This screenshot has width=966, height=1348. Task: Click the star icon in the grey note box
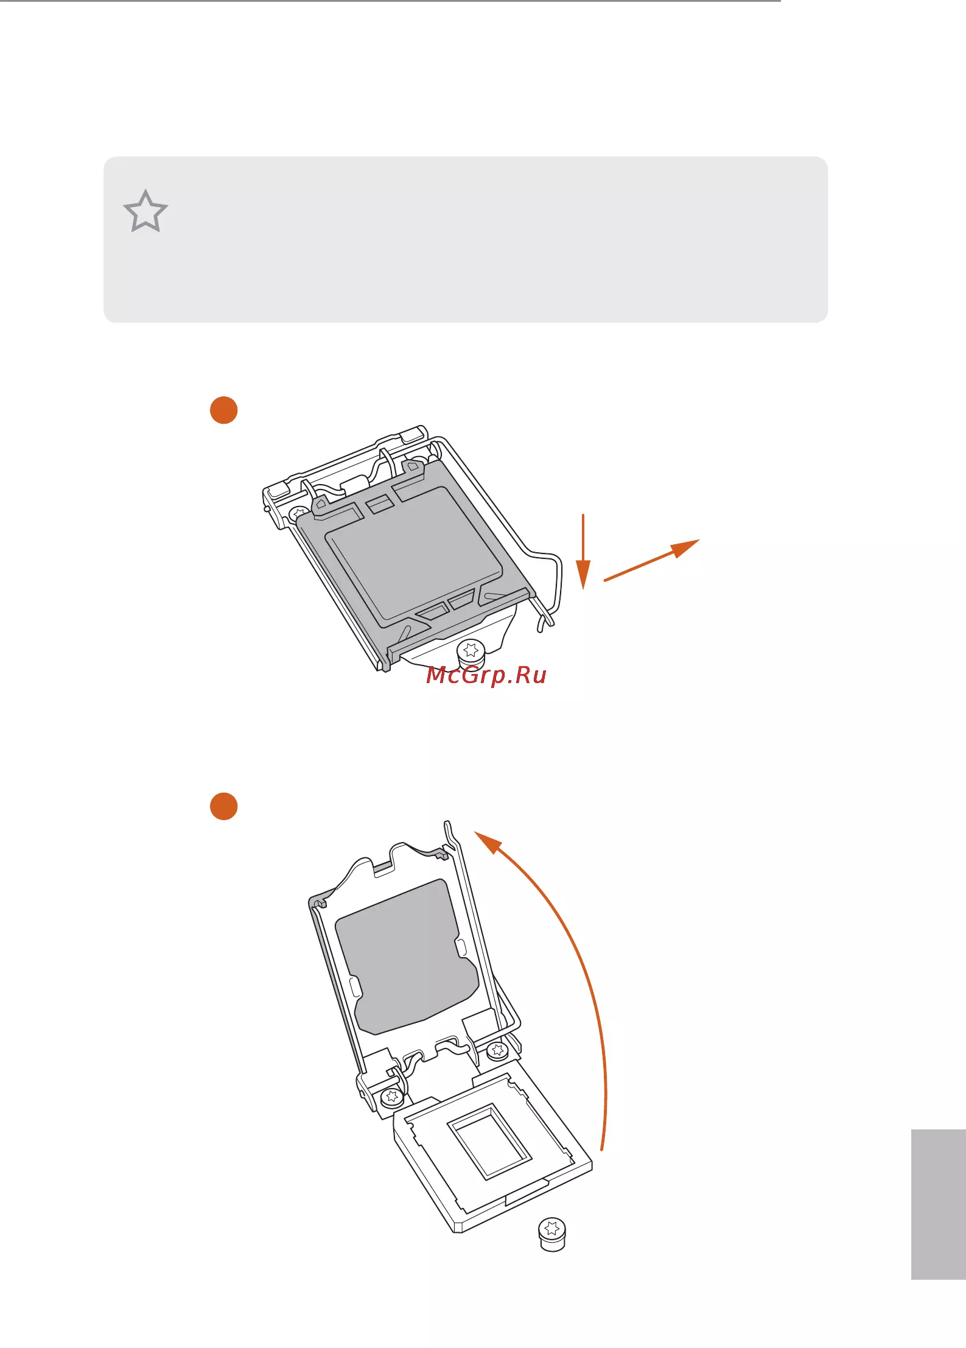(x=145, y=211)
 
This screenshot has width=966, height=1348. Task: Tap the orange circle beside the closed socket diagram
(x=223, y=410)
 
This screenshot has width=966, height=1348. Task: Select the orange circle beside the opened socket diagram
(x=223, y=806)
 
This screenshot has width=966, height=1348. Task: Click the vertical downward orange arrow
(x=583, y=551)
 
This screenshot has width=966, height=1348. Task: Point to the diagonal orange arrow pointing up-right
(x=651, y=560)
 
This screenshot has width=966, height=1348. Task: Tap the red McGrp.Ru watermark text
(x=486, y=675)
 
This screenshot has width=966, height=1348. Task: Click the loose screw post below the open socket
(x=552, y=1234)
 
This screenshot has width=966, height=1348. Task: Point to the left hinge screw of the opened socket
(x=391, y=1097)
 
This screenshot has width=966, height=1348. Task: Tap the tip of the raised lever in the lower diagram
(x=447, y=823)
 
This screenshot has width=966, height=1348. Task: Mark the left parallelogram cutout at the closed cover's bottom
(x=432, y=611)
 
